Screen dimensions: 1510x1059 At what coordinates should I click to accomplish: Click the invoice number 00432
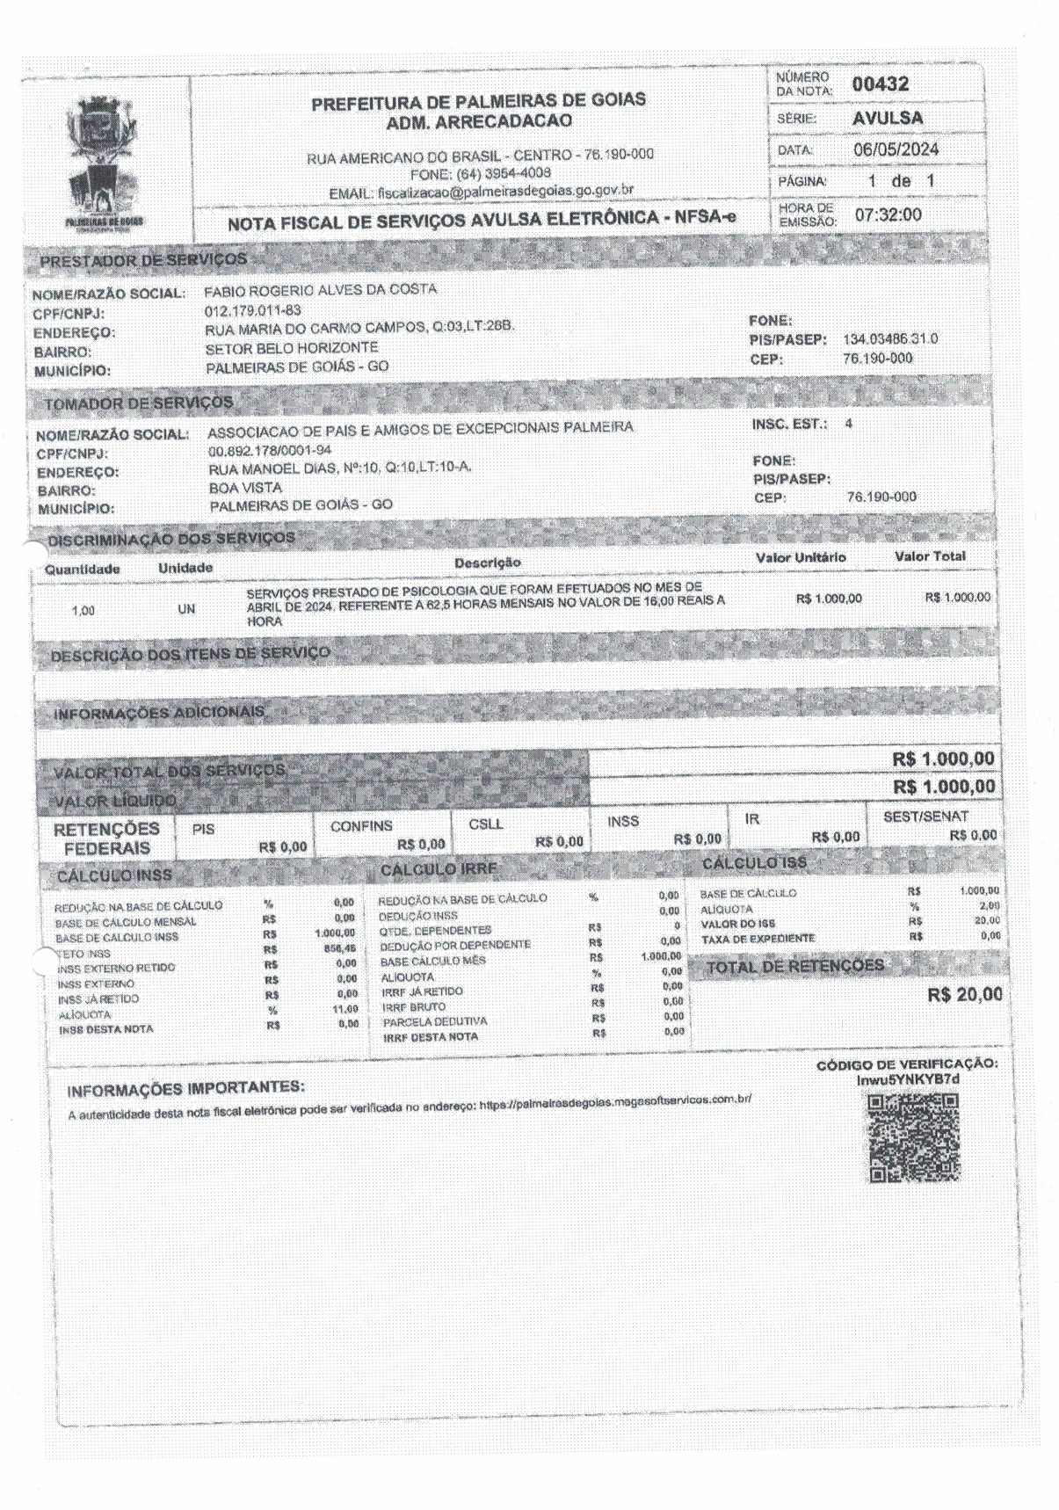click(x=880, y=85)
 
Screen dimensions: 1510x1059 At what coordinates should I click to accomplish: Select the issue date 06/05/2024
click(x=896, y=149)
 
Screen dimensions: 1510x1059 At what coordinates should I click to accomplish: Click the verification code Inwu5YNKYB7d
click(x=908, y=1078)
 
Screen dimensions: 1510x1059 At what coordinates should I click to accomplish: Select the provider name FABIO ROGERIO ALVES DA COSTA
click(x=320, y=289)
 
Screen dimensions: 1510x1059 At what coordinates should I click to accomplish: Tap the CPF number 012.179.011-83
click(x=252, y=309)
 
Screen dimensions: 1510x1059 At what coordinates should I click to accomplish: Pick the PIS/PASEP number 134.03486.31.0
click(x=889, y=339)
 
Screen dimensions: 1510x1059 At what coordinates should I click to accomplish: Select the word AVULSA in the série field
click(x=887, y=118)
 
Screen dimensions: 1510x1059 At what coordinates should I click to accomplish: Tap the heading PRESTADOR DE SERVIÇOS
click(x=143, y=260)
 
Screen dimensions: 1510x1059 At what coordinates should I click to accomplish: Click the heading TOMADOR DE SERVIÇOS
click(x=139, y=403)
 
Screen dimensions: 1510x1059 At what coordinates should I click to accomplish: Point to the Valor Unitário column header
click(x=800, y=558)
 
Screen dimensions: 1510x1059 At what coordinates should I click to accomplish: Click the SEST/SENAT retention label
click(x=925, y=816)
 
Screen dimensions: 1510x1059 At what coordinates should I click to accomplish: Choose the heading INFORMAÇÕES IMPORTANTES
click(x=186, y=1090)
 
